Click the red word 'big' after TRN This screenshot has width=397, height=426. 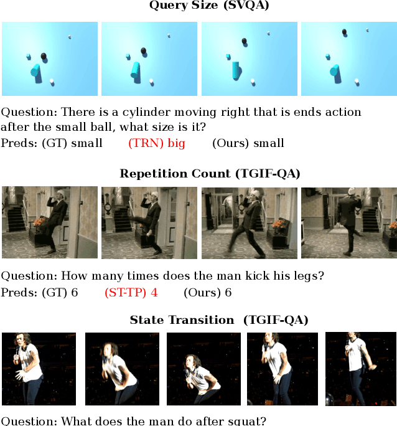coord(176,143)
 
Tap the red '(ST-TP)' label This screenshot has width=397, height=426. coord(125,293)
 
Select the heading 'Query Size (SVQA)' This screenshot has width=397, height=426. coord(209,5)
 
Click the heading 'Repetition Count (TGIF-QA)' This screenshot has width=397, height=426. coord(210,174)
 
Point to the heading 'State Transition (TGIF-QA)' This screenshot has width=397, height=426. coord(219,320)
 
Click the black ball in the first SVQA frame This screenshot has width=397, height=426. coord(44,57)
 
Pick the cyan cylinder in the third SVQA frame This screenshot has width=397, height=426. coord(236,70)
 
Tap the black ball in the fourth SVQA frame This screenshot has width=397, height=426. coord(344,32)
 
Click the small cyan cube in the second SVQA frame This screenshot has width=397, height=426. coord(128,57)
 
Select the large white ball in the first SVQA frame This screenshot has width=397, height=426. coord(52,81)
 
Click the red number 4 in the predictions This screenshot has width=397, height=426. coord(154,293)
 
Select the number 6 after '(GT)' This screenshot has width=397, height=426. coord(74,293)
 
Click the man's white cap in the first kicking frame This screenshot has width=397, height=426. coord(60,193)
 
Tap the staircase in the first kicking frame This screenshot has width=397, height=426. coord(16,219)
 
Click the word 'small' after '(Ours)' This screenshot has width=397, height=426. coord(269,143)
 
